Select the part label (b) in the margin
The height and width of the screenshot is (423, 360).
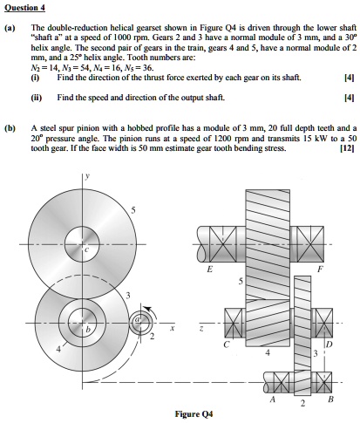click(10, 126)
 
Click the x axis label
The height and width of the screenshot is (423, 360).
click(172, 329)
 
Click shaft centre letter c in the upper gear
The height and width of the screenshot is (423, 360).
click(87, 250)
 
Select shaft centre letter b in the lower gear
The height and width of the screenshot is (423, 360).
click(86, 331)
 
